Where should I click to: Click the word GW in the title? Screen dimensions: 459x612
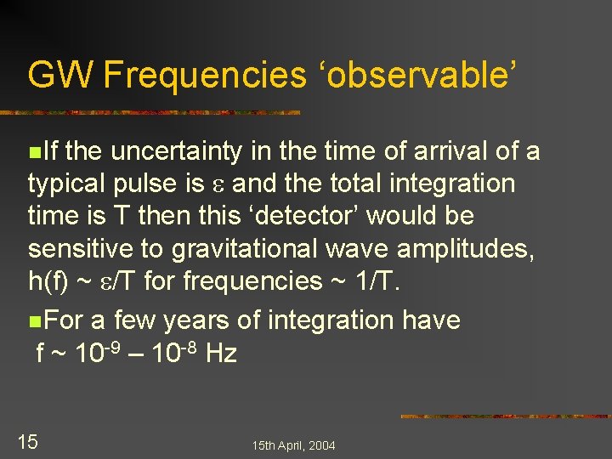tap(60, 75)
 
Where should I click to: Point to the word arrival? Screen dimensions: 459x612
tap(450, 152)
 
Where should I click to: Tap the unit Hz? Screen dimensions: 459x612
tap(221, 353)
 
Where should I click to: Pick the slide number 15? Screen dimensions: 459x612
tap(28, 442)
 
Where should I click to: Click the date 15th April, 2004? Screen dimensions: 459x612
tap(293, 445)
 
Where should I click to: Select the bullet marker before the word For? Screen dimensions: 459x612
tap(33, 322)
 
